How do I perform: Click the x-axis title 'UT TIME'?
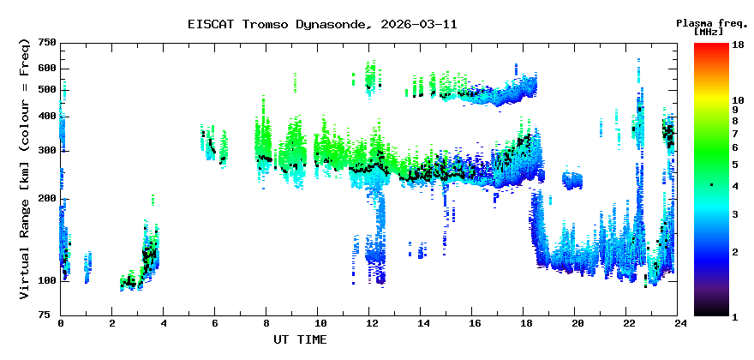coord(300,339)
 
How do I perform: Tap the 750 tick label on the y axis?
coord(47,43)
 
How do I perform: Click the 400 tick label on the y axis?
coord(47,117)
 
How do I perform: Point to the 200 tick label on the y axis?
coord(47,198)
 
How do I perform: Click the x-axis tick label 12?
coord(370,323)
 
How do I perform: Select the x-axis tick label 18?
coord(526,323)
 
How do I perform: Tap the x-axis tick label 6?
coord(215,323)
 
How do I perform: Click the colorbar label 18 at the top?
coord(737,45)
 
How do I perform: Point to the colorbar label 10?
coord(737,100)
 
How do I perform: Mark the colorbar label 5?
coord(734,165)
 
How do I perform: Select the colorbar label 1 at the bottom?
coord(734,315)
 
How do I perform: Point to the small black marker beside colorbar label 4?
coord(710,185)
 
